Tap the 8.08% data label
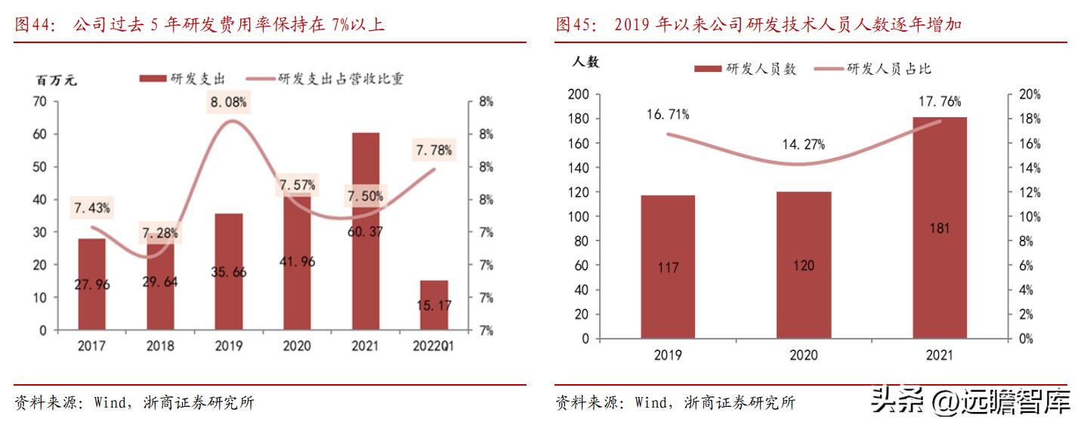228,101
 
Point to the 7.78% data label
434,151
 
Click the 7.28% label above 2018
160,234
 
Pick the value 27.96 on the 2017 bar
92,284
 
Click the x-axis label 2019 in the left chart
228,346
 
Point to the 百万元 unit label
57,79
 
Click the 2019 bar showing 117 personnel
668,266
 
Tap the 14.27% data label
804,144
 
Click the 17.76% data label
940,101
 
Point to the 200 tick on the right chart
578,95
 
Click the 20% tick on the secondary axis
1030,95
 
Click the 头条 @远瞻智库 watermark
971,401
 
